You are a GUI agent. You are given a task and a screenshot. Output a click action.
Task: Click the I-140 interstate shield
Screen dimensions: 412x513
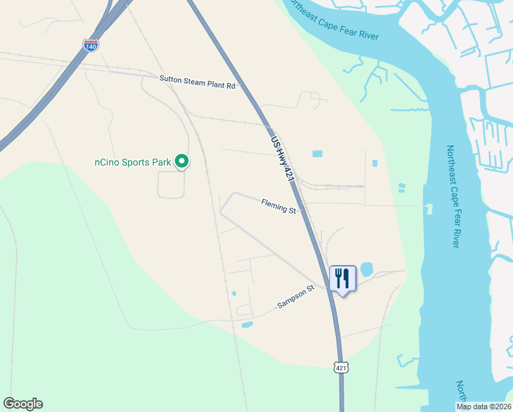[91, 45]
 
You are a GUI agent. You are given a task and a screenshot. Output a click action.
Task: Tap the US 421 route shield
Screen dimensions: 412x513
[342, 367]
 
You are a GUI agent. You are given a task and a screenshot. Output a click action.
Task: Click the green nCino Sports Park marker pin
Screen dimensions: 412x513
[182, 161]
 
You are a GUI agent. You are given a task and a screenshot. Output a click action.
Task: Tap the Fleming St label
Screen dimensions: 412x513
[278, 205]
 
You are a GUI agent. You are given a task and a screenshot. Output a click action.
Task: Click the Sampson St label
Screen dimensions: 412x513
[295, 297]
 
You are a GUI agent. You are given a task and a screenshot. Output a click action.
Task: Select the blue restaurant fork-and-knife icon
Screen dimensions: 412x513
[342, 279]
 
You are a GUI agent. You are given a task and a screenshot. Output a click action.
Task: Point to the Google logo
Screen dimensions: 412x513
[23, 404]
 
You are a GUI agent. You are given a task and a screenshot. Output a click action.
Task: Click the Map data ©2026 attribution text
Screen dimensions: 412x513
[483, 407]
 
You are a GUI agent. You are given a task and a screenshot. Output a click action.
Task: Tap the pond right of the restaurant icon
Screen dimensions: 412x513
[366, 268]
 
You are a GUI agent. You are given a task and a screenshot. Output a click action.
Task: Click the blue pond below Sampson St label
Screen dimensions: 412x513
[247, 324]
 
